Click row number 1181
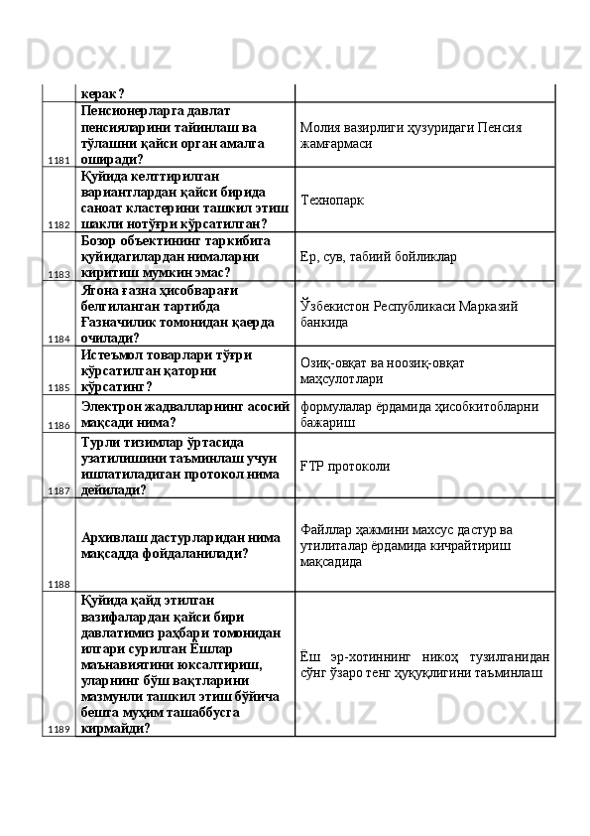point(58,159)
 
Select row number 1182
point(58,225)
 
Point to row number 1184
point(58,339)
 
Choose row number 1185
point(58,387)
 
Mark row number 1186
point(58,424)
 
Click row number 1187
point(58,490)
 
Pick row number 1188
point(58,584)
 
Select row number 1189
point(58,728)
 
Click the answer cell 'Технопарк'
point(331,200)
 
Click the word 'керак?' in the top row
point(103,93)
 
